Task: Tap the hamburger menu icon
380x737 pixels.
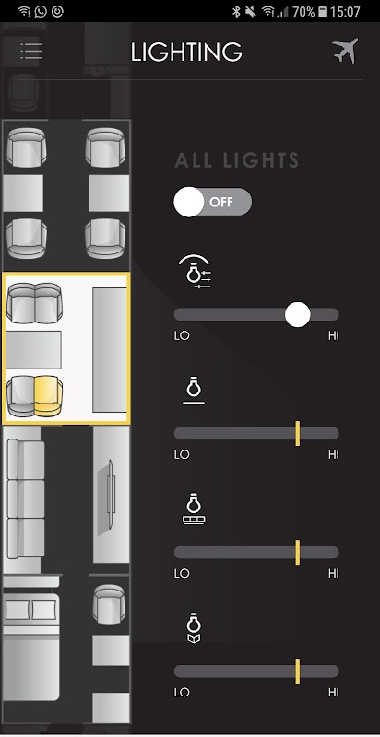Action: coord(31,52)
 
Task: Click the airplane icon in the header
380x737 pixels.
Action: coord(345,51)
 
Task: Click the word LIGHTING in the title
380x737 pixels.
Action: coord(186,53)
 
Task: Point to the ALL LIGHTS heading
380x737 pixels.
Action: coord(236,160)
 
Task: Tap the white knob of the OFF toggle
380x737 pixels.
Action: coord(188,202)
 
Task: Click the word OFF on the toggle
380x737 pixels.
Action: coord(221,202)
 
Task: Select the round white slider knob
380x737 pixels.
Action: coord(298,314)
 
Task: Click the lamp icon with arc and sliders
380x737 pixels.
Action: coord(195,272)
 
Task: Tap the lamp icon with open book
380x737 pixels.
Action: coord(194,628)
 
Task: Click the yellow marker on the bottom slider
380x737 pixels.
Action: coord(298,671)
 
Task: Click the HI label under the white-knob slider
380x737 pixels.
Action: coord(334,335)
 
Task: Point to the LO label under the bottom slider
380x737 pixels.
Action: coord(182,693)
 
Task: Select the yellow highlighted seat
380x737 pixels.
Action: coord(48,395)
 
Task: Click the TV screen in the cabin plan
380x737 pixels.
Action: coord(111,494)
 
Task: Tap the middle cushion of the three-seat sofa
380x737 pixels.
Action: coord(27,498)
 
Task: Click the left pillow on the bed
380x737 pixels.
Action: coord(18,610)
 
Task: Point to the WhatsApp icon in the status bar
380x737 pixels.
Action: coord(41,11)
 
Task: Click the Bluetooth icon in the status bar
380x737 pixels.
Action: coord(236,11)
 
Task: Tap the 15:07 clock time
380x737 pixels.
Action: coord(345,11)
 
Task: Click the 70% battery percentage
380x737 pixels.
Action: coord(303,11)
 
